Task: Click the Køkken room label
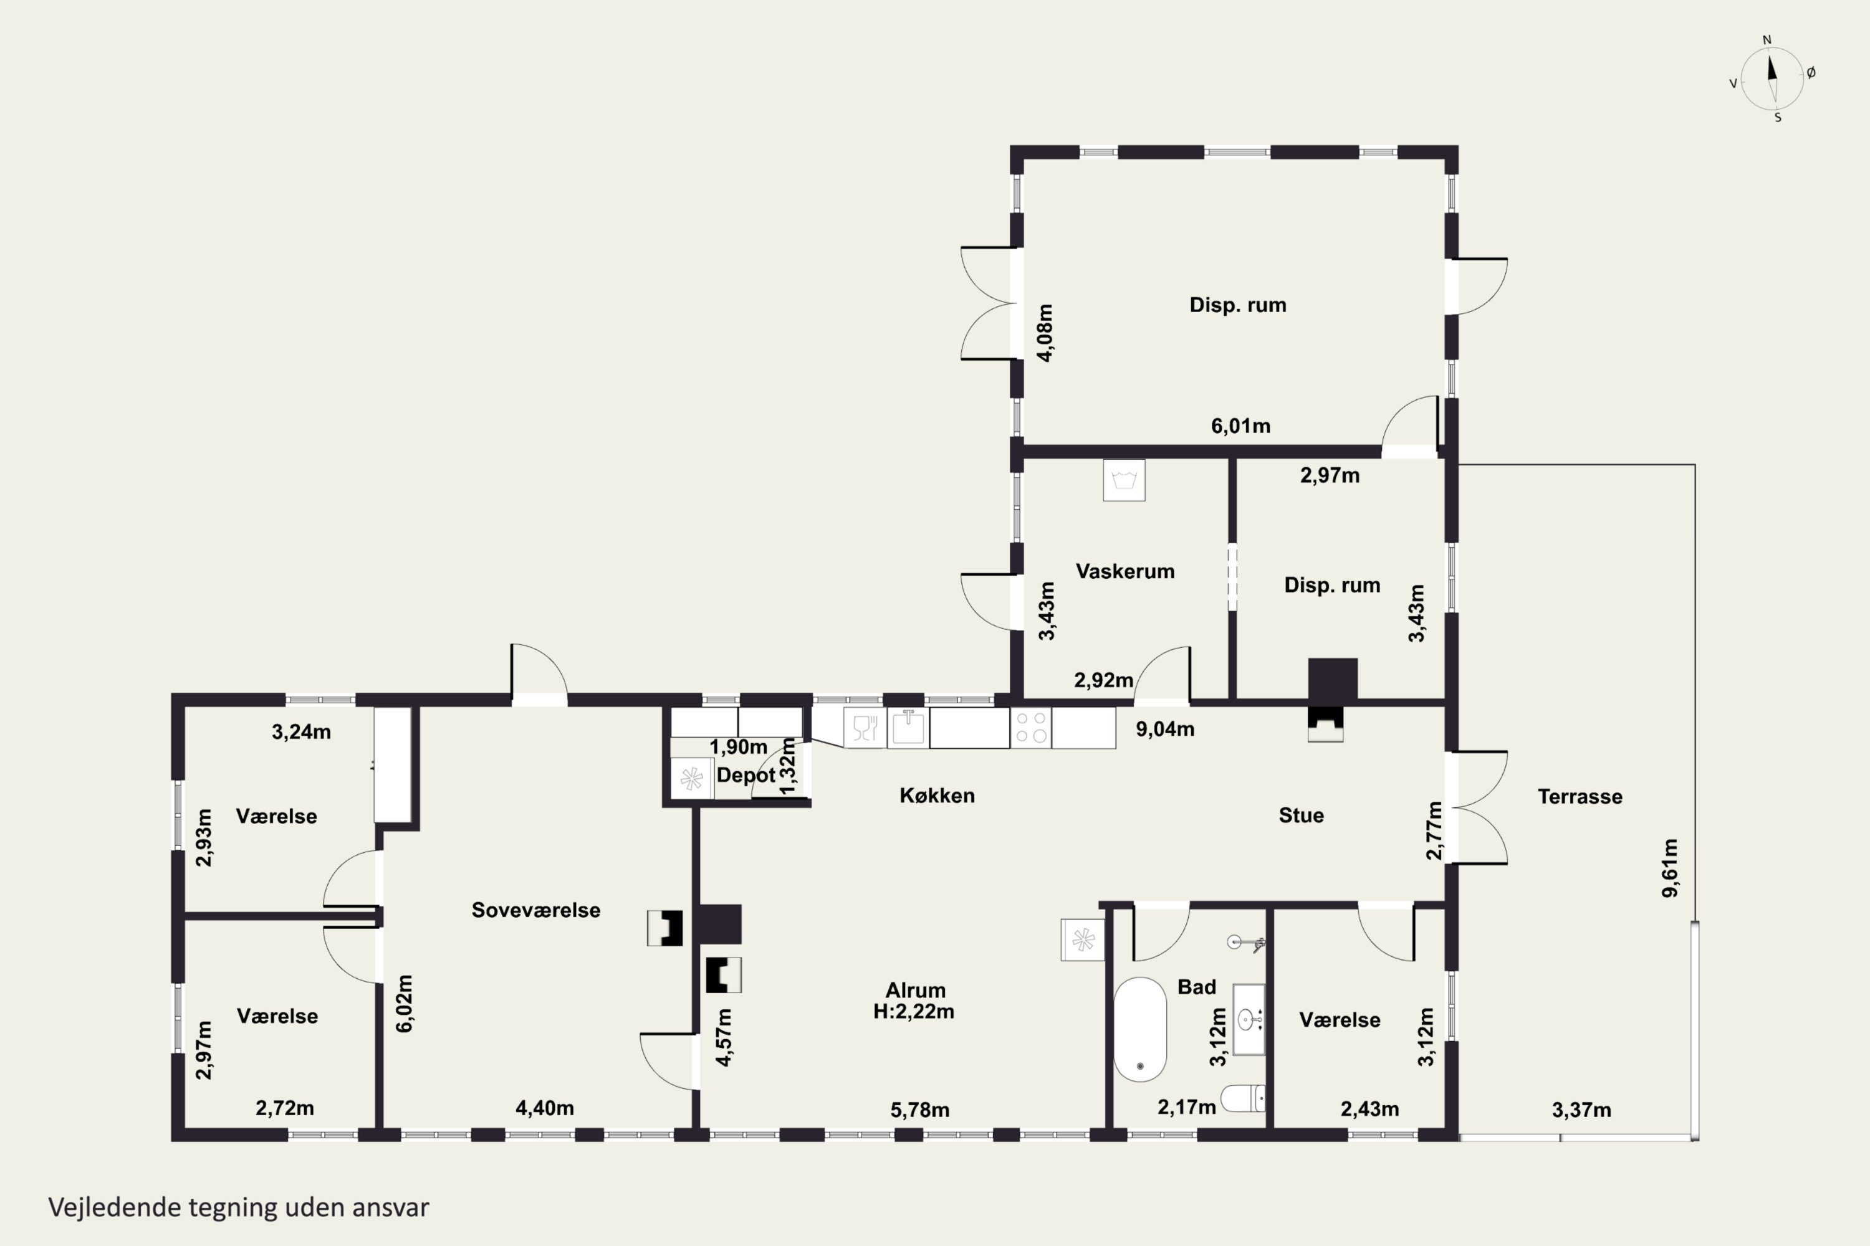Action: (x=937, y=796)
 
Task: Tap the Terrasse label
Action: (x=1580, y=796)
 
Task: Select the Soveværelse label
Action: (x=536, y=910)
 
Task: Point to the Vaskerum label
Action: (x=1125, y=571)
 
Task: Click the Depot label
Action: (x=746, y=775)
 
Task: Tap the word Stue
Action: (x=1302, y=816)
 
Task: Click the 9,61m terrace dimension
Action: (x=1671, y=868)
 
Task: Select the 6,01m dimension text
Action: (x=1240, y=426)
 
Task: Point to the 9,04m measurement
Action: (x=1165, y=730)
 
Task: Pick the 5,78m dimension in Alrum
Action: (x=920, y=1110)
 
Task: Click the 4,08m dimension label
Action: (x=1045, y=333)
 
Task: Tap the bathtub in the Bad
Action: (x=1140, y=1029)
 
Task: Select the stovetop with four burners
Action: (x=1030, y=727)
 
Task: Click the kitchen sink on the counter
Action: (x=908, y=727)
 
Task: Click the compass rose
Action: (x=1772, y=78)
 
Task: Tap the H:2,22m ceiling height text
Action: (x=914, y=1012)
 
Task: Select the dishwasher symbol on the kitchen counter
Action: (x=864, y=727)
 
